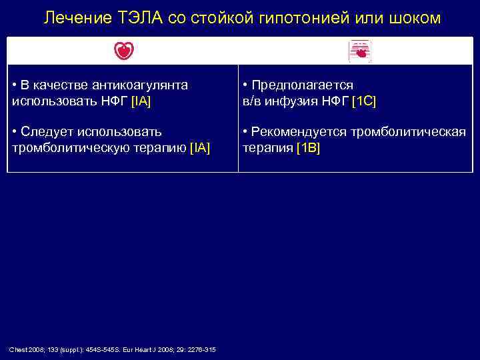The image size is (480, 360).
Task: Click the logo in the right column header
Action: click(x=360, y=51)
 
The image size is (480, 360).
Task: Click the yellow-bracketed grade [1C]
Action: click(x=364, y=101)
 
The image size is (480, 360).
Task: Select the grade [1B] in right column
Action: click(x=308, y=148)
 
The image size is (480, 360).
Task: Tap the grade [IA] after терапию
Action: click(x=200, y=148)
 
